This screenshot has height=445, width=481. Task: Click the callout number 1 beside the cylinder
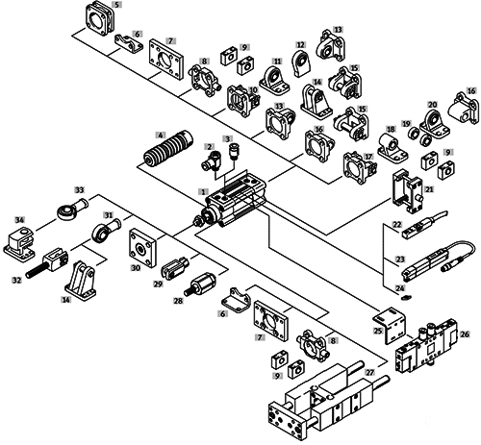point(203,191)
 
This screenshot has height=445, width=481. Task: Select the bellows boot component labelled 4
point(167,149)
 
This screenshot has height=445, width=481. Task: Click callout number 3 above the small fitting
point(228,138)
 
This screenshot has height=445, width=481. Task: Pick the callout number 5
point(117,5)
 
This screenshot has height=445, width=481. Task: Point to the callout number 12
point(301,44)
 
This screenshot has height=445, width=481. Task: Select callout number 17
point(369,157)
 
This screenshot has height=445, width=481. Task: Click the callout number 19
point(407,124)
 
